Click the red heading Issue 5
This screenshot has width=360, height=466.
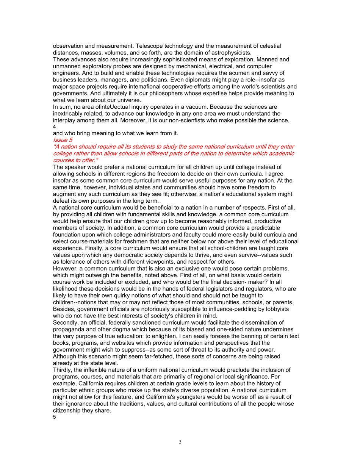(63, 140)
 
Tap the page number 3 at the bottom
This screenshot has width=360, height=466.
(180, 442)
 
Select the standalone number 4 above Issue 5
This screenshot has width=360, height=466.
(55, 127)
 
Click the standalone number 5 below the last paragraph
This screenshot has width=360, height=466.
(55, 417)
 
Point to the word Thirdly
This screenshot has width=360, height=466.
(63, 370)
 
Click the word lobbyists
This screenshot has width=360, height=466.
(276, 309)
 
